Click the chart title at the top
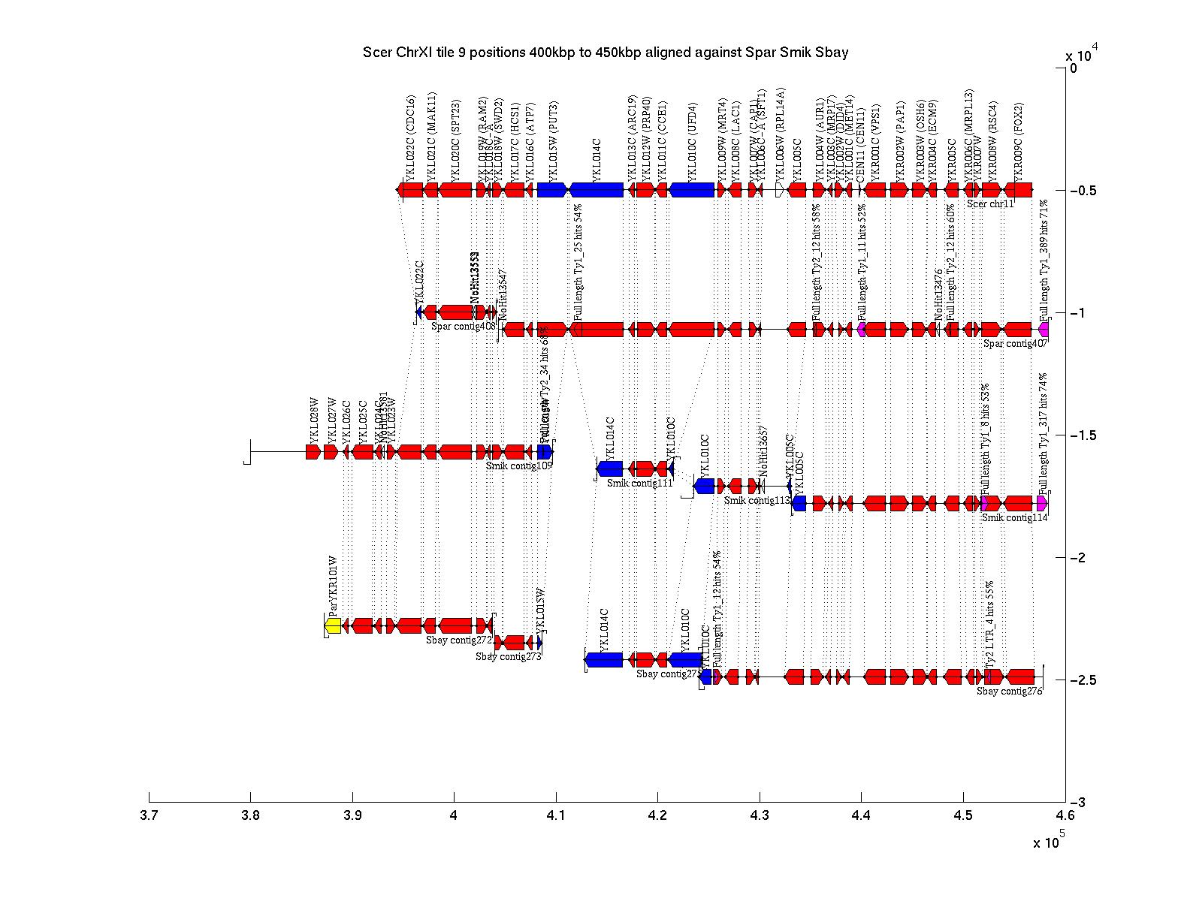(x=606, y=53)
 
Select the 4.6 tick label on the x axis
(x=1065, y=815)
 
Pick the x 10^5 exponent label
(x=1048, y=842)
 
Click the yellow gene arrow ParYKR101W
(x=333, y=625)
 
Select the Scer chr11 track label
(x=990, y=203)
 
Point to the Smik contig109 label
(x=518, y=466)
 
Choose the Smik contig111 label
(x=639, y=483)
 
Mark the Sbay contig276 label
(x=1009, y=692)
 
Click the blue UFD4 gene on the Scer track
(x=691, y=190)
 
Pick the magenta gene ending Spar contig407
(x=1044, y=330)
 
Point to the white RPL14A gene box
(x=779, y=190)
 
